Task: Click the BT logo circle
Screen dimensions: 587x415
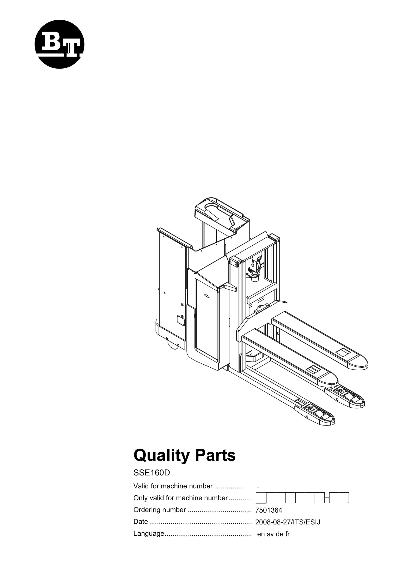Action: pos(59,44)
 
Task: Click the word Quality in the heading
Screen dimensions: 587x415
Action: pos(161,456)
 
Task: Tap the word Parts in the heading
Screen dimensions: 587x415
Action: pos(215,456)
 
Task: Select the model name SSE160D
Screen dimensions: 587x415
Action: pos(152,473)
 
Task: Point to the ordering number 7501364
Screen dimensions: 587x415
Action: pos(269,510)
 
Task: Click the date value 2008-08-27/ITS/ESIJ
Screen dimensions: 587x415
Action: pos(288,522)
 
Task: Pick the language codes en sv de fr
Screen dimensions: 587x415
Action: pos(273,534)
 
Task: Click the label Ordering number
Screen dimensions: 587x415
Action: pos(160,510)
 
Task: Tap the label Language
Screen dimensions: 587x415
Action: pos(149,533)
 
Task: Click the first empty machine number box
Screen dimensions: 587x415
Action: pos(261,498)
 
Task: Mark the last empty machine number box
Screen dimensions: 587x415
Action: pos(344,498)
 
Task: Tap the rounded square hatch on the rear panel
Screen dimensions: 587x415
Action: pos(181,321)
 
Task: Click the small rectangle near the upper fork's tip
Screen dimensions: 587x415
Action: pos(343,352)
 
